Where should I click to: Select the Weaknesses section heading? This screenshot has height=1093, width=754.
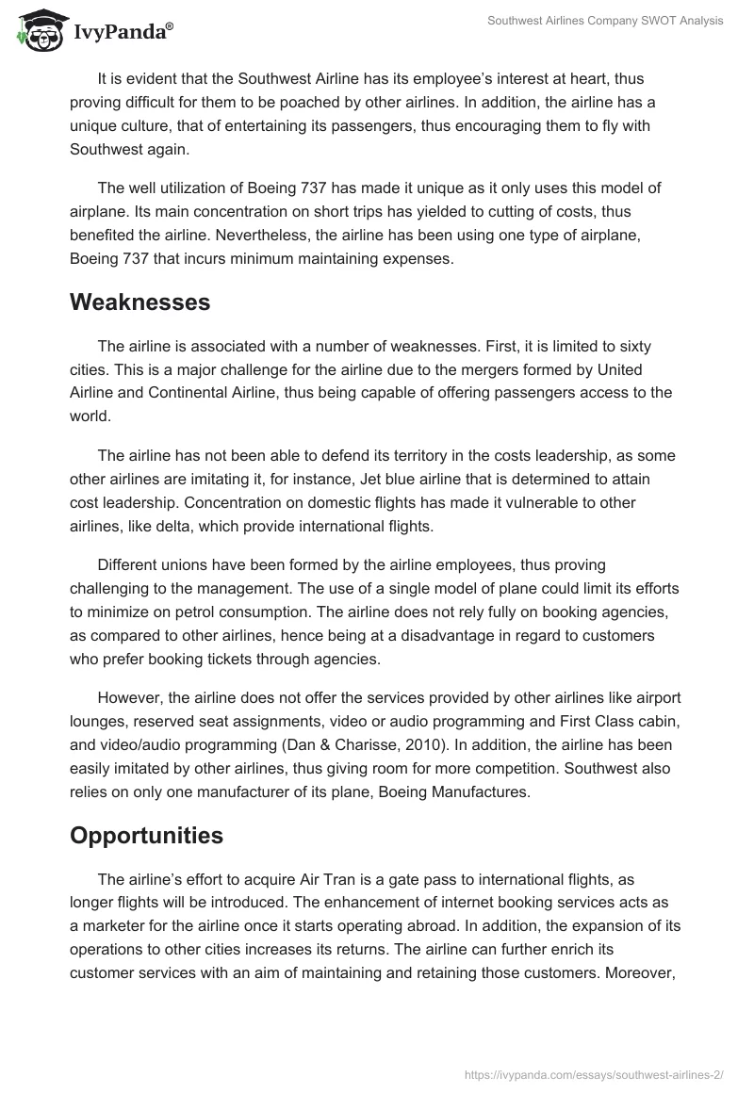pyautogui.click(x=139, y=302)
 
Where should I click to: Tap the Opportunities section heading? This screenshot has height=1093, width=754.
pyautogui.click(x=146, y=836)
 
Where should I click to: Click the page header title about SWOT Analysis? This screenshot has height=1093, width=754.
pyautogui.click(x=603, y=21)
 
